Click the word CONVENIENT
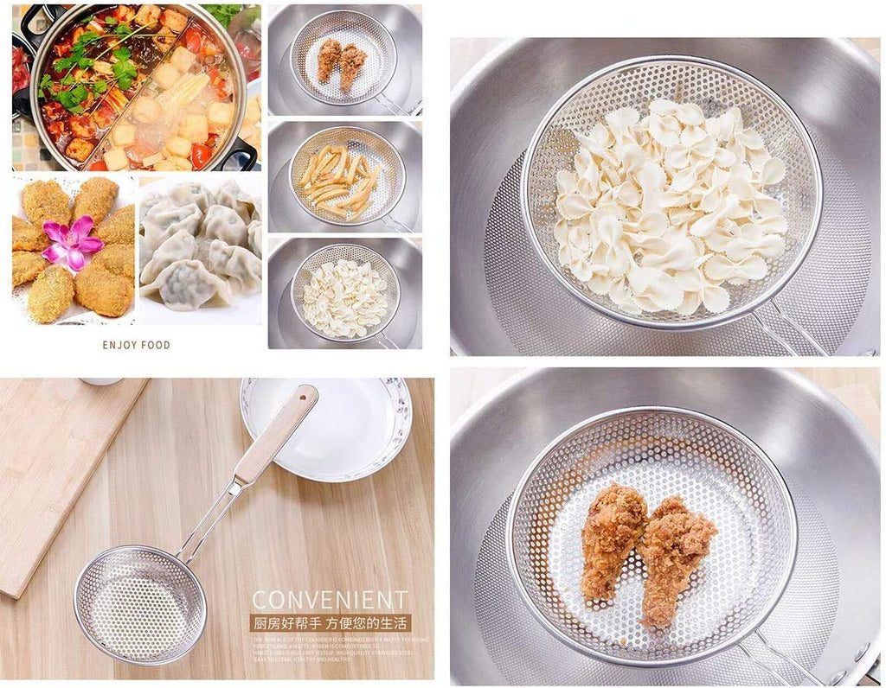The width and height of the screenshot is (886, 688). tap(329, 600)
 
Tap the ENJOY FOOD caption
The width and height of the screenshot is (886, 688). tap(137, 345)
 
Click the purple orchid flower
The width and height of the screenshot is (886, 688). tap(71, 241)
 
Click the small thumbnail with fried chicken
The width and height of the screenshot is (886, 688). tap(344, 60)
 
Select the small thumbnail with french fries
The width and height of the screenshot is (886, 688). tap(344, 176)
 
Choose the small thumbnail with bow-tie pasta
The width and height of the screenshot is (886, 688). tap(344, 293)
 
